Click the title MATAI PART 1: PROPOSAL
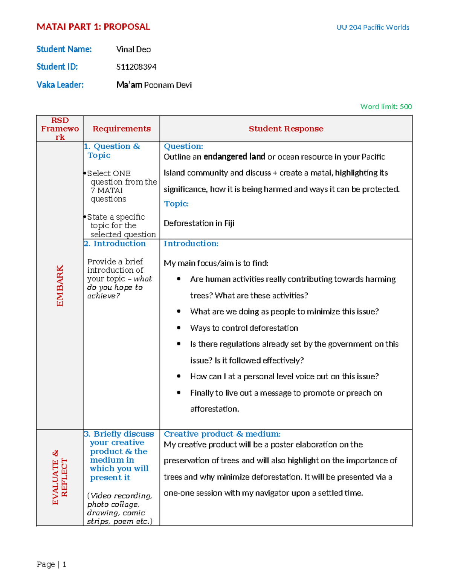(x=93, y=27)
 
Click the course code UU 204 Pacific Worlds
(x=373, y=27)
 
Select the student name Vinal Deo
(x=133, y=49)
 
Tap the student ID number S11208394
(x=136, y=67)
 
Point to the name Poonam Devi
(x=168, y=85)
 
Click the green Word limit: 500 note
(x=386, y=107)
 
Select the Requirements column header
(x=121, y=129)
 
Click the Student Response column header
(x=286, y=129)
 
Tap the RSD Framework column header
(x=60, y=129)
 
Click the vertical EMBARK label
(x=60, y=285)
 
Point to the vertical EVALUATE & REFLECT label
(x=60, y=477)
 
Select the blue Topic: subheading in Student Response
(x=176, y=204)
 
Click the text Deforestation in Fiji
(x=199, y=223)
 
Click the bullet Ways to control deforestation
(x=244, y=328)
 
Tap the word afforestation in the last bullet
(x=214, y=409)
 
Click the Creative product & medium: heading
(x=222, y=434)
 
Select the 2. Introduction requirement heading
(x=115, y=244)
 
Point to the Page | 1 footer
(x=52, y=564)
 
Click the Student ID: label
(x=57, y=67)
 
